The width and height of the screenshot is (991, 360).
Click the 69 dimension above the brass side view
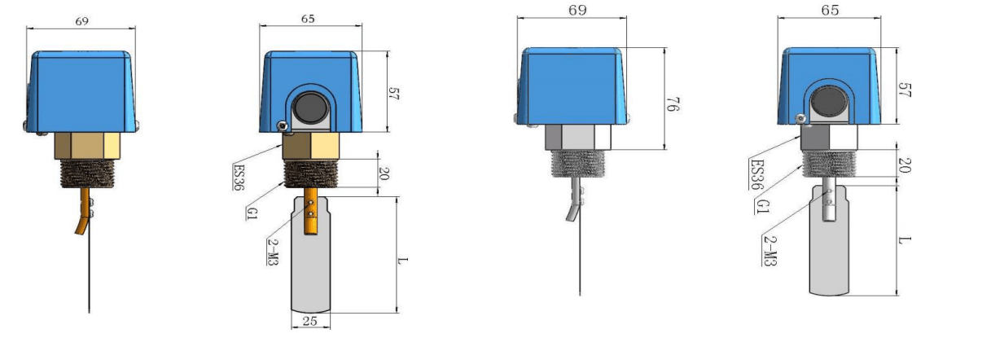click(82, 21)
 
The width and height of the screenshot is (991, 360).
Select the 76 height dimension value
click(673, 104)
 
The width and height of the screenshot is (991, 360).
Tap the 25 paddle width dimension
click(310, 321)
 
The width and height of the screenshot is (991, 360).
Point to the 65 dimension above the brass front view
click(308, 19)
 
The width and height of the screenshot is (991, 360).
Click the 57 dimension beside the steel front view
click(905, 90)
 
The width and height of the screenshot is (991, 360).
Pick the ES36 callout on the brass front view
click(239, 177)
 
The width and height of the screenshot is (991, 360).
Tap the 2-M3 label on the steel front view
click(770, 250)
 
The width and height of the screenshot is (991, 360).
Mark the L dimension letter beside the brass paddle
click(402, 261)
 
